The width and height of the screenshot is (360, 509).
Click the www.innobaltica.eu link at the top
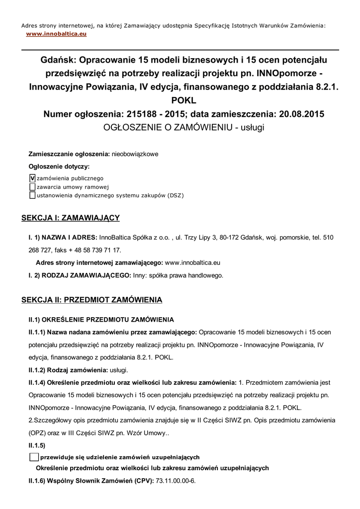56,34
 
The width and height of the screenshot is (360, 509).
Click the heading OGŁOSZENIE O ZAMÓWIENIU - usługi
183,127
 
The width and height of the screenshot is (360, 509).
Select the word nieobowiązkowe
135,154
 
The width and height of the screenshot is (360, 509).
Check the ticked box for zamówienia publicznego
32,177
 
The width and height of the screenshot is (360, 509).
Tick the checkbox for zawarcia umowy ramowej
32,186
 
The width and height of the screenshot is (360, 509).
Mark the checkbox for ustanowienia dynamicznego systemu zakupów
32,195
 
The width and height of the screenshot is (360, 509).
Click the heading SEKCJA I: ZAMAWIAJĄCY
70,218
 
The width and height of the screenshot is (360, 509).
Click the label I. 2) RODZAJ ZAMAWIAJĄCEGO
80,275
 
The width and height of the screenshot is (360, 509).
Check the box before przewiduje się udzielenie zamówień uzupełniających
34,457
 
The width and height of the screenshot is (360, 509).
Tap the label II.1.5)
37,445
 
